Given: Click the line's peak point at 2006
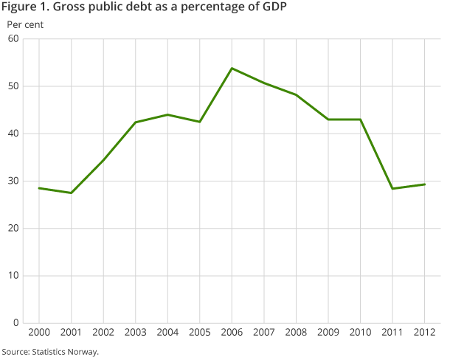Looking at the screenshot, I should (x=232, y=69).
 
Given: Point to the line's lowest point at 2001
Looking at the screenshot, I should (x=70, y=193).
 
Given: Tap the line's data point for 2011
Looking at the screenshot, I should (x=393, y=189).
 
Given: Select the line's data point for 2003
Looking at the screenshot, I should (x=135, y=122).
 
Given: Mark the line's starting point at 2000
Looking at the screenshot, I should (x=38, y=188).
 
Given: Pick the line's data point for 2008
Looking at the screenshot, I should (x=297, y=94).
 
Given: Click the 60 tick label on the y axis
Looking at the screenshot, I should (x=13, y=39).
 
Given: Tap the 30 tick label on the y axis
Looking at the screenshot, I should (x=13, y=181).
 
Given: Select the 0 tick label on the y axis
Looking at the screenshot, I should (x=15, y=322).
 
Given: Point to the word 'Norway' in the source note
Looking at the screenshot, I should (x=83, y=352).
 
